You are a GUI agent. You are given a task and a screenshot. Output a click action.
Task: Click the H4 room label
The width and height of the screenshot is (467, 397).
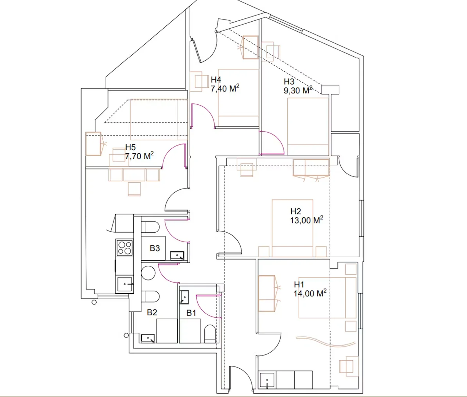(216, 79)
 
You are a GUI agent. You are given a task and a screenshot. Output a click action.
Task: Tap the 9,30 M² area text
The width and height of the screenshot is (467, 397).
(298, 90)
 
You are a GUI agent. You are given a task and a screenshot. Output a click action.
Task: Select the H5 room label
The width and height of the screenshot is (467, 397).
(130, 147)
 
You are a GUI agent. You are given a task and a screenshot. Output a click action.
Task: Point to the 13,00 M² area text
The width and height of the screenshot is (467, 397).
(306, 220)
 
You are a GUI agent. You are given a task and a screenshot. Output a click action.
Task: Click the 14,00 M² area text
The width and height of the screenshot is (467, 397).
(310, 293)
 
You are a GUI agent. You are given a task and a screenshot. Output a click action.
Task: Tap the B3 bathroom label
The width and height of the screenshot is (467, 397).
(155, 248)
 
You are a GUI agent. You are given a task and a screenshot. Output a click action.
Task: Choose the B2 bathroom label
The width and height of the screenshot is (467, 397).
(152, 312)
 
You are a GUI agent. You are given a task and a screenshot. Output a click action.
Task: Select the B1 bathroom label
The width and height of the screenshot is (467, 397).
(191, 313)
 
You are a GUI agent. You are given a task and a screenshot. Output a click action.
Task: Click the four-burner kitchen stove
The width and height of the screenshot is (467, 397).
(125, 247)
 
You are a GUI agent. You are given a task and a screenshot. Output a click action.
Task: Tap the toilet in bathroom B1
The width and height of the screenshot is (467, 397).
(210, 334)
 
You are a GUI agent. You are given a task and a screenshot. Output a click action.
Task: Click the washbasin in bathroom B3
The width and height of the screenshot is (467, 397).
(177, 256)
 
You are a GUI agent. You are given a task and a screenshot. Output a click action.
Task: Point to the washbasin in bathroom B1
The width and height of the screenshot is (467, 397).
(184, 297)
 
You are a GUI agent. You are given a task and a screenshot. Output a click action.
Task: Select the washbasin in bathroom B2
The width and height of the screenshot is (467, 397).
(148, 338)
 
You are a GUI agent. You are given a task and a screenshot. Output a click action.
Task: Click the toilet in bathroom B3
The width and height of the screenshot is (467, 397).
(150, 227)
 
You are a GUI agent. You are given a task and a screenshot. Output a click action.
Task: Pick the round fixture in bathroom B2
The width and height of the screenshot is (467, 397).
(148, 273)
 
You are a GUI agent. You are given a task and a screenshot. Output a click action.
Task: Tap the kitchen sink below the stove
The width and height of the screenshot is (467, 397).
(125, 284)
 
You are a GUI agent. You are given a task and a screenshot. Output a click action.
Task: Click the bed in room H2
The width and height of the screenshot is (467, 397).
(292, 228)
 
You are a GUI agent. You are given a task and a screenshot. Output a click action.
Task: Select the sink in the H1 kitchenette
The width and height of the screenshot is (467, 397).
(267, 380)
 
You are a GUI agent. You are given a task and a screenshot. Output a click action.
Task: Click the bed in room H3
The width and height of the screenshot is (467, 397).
(308, 126)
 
